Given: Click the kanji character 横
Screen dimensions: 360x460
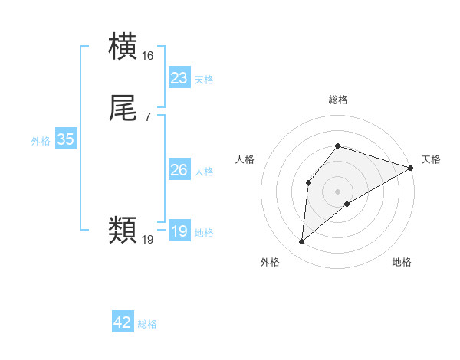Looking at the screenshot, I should coord(123,48).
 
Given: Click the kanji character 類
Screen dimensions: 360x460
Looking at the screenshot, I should coord(123,229).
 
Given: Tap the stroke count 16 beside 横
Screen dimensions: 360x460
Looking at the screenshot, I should coord(148,56).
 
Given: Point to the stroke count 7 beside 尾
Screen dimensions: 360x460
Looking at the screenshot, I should coord(147,116).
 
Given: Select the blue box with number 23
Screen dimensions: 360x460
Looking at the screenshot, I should coord(179,78).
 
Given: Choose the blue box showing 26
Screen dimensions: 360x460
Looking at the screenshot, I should coord(179,170).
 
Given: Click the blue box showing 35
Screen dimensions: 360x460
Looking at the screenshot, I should coord(65,139).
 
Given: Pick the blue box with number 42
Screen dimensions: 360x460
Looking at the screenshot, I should coord(123,322).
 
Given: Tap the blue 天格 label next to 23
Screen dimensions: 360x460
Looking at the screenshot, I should coord(204,80).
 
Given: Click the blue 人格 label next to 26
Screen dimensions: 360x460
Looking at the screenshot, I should coord(204,172).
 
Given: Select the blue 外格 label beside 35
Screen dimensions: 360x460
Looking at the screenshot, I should coord(41,141).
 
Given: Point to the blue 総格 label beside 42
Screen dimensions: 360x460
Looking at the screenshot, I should coord(147,324).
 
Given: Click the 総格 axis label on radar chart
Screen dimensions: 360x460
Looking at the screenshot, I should coord(338,100).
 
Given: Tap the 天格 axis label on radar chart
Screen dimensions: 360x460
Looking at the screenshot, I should coord(432,159).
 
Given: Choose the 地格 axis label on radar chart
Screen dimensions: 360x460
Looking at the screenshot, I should coord(402,263).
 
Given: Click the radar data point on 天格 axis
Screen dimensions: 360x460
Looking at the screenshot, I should coord(411,168).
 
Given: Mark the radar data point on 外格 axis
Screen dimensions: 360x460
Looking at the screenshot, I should coord(302,242).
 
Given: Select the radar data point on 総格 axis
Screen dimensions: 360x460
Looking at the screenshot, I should coord(338,146).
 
